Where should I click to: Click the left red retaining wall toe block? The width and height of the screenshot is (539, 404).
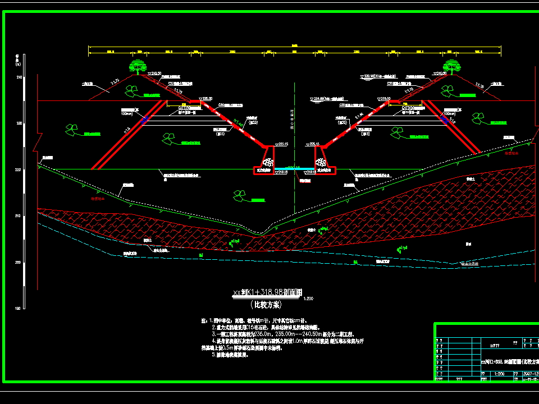[x=263, y=163]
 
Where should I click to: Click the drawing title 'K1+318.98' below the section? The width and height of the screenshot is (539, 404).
[x=268, y=293]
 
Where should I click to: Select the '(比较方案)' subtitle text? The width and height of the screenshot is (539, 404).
[x=268, y=305]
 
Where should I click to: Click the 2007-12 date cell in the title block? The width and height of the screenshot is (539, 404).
[x=529, y=373]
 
